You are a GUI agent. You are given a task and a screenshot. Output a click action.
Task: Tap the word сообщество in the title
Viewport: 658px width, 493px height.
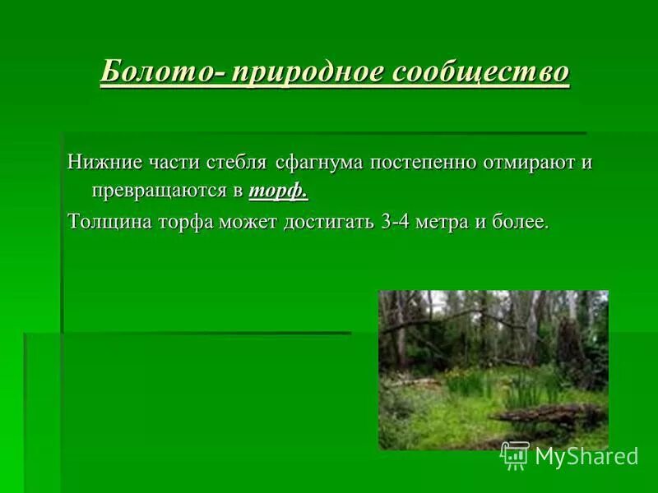pyautogui.click(x=480, y=71)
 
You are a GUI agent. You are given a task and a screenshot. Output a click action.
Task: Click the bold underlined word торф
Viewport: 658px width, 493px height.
pyautogui.click(x=278, y=191)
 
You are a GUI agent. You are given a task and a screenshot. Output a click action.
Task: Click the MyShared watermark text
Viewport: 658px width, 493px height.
pyautogui.click(x=586, y=456)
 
